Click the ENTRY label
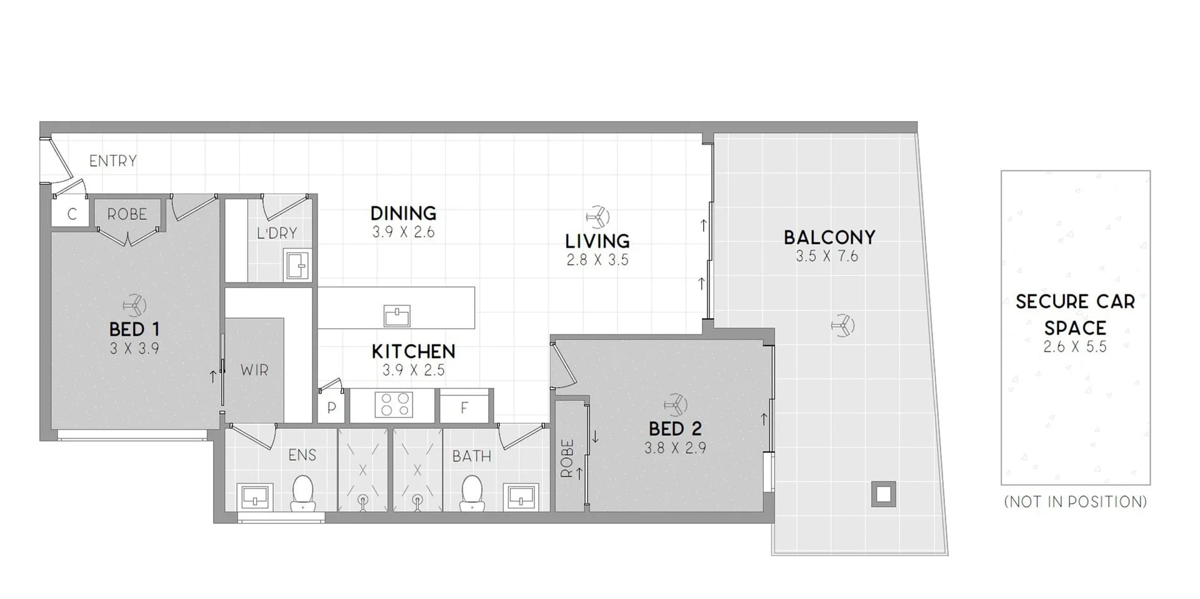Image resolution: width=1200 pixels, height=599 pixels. pyautogui.click(x=112, y=161)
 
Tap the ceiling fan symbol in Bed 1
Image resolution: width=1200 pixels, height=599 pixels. pyautogui.click(x=134, y=305)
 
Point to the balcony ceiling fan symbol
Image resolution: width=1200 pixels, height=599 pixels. pyautogui.click(x=843, y=325)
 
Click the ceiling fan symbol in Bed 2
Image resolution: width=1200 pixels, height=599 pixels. pyautogui.click(x=676, y=405)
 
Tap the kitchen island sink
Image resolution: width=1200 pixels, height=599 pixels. pyautogui.click(x=397, y=316)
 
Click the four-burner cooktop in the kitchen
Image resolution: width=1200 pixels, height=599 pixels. pyautogui.click(x=394, y=404)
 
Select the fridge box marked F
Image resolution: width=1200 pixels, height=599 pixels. pyautogui.click(x=464, y=408)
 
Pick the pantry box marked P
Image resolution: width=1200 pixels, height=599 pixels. pyautogui.click(x=332, y=408)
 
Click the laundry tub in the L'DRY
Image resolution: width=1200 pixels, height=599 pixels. pyautogui.click(x=297, y=265)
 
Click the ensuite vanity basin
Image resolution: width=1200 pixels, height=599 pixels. pyautogui.click(x=255, y=497)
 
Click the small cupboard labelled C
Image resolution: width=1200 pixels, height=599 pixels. pyautogui.click(x=71, y=214)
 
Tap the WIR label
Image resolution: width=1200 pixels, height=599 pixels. pyautogui.click(x=254, y=370)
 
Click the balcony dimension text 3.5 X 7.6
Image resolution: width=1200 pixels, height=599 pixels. pyautogui.click(x=827, y=256)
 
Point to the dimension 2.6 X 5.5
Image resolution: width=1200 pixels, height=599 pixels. pyautogui.click(x=1075, y=347)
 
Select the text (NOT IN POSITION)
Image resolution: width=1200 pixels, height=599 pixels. pyautogui.click(x=1076, y=502)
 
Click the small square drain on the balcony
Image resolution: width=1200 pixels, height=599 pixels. pyautogui.click(x=883, y=495)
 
